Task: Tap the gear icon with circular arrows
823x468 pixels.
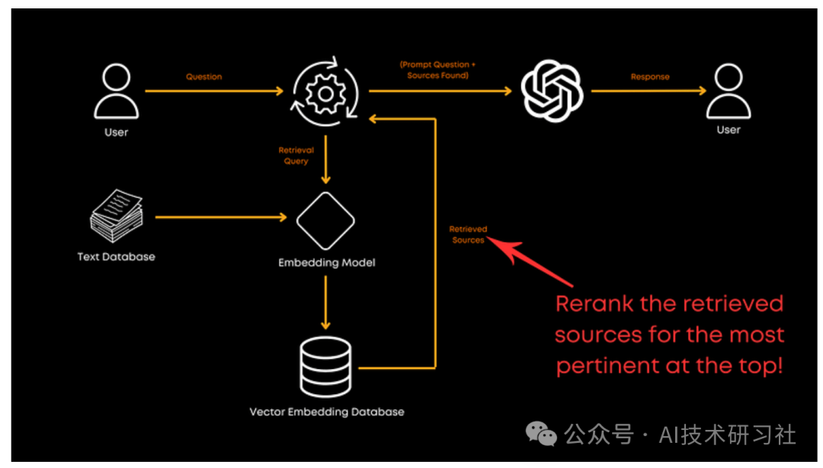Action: pos(326,91)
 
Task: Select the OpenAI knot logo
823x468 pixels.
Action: pos(552,91)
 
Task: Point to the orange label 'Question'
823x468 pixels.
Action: pos(204,77)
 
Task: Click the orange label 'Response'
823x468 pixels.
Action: pos(650,77)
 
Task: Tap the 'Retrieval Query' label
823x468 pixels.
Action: pos(296,155)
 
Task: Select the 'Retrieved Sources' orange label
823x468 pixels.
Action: pos(468,235)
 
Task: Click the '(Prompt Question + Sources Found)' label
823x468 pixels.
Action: pos(438,70)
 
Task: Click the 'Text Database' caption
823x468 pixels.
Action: pos(116,257)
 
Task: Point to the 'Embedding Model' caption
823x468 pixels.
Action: pos(326,263)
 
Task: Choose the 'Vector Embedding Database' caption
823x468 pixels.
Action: pos(326,412)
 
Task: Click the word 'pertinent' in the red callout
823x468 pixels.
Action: pos(602,365)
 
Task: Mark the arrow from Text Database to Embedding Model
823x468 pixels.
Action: pos(221,217)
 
